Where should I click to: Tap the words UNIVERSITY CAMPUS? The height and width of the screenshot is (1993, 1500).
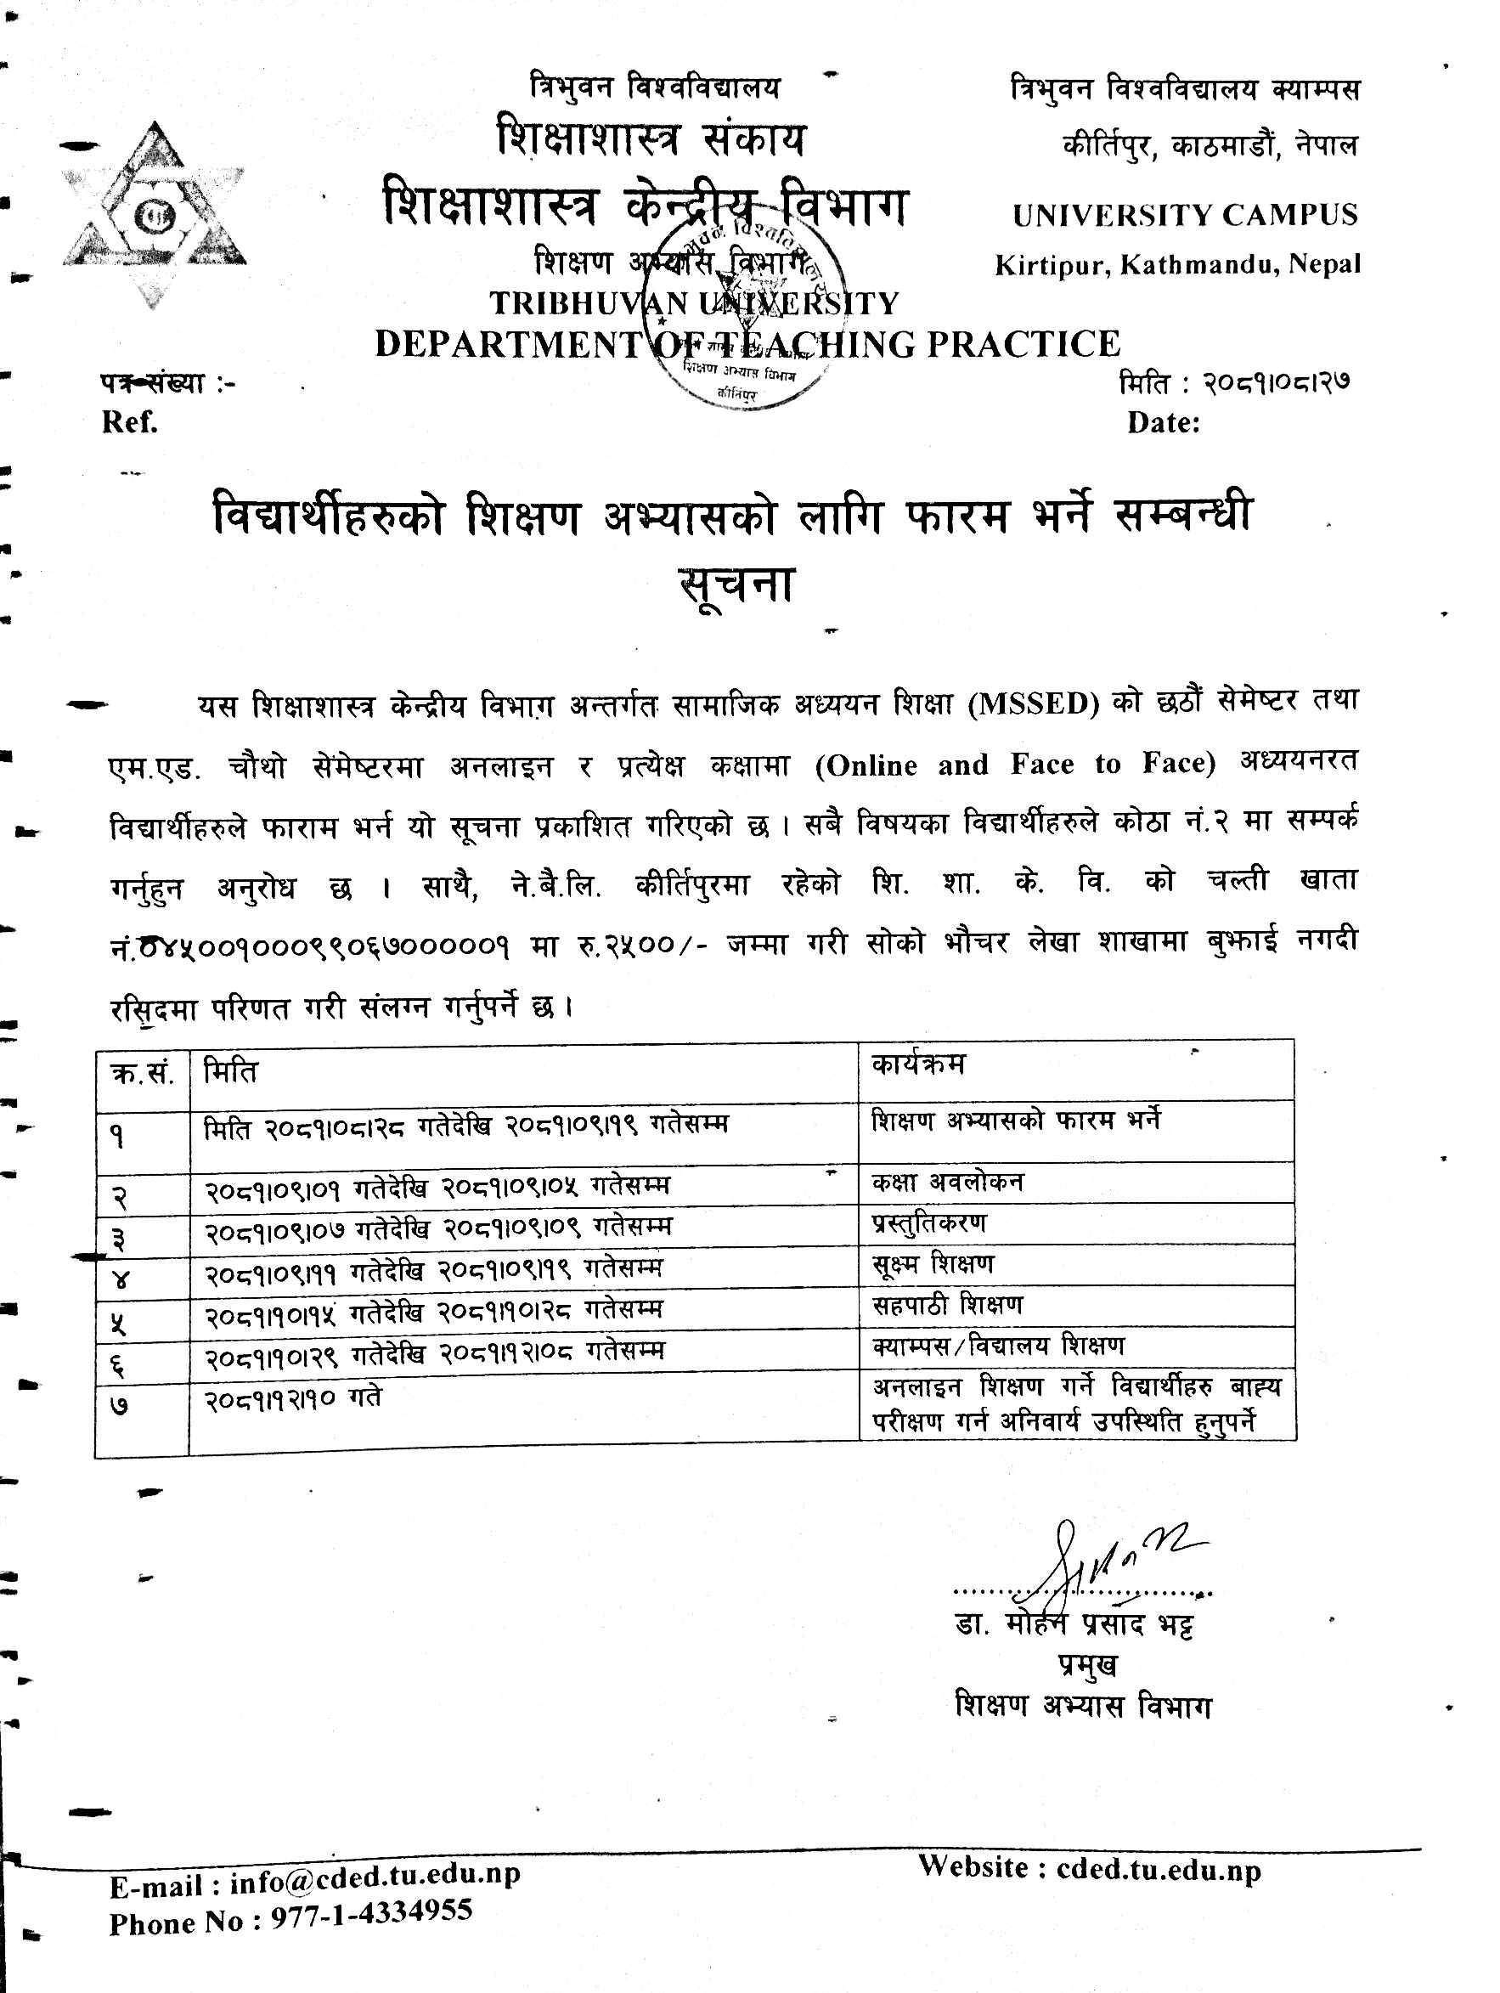click(x=1185, y=215)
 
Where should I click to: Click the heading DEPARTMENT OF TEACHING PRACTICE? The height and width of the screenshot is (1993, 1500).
click(x=747, y=344)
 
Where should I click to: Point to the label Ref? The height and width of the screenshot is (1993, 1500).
click(x=130, y=421)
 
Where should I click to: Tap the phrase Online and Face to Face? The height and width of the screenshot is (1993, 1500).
click(x=1015, y=764)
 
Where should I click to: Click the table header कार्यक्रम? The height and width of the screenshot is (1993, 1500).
click(x=918, y=1064)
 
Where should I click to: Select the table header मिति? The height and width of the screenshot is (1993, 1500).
click(x=231, y=1071)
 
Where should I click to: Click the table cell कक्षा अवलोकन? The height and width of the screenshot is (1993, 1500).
click(x=947, y=1181)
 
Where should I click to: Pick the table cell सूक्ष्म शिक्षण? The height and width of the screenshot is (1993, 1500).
click(x=933, y=1264)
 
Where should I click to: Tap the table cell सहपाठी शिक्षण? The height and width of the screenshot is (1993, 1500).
click(x=947, y=1304)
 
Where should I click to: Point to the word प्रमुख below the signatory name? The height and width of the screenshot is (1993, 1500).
click(x=1087, y=1666)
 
